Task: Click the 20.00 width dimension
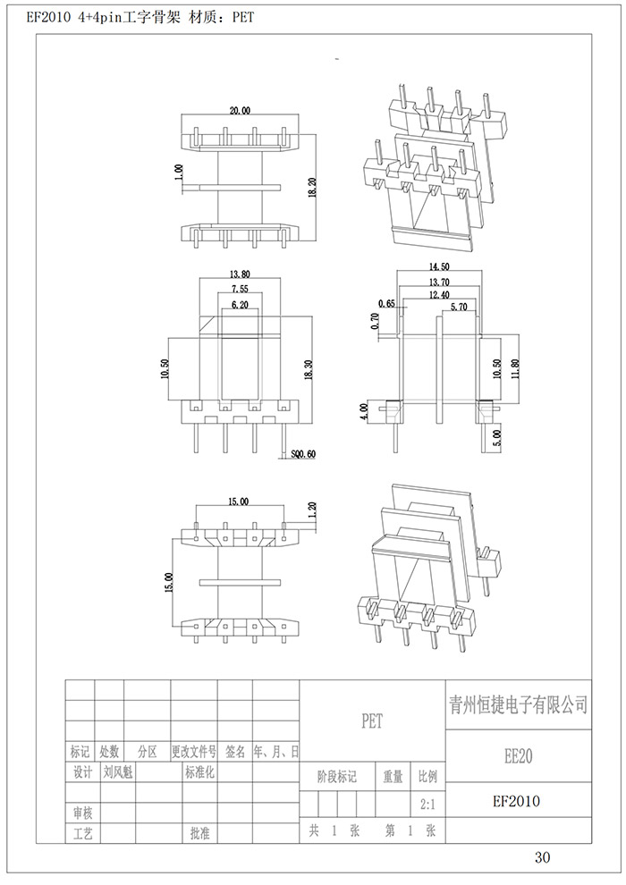pyautogui.click(x=240, y=111)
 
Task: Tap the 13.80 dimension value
pyautogui.click(x=240, y=274)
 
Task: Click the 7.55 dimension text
pyautogui.click(x=240, y=290)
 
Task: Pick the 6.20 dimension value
pyautogui.click(x=240, y=306)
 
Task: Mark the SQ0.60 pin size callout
pyautogui.click(x=304, y=454)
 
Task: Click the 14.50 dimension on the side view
pyautogui.click(x=440, y=266)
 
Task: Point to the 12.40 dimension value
pyautogui.click(x=440, y=294)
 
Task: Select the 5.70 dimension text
pyautogui.click(x=459, y=307)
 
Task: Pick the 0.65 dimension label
pyautogui.click(x=386, y=304)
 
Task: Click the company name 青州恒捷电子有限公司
pyautogui.click(x=518, y=705)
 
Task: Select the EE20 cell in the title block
pyautogui.click(x=518, y=756)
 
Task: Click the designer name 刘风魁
pyautogui.click(x=117, y=771)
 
